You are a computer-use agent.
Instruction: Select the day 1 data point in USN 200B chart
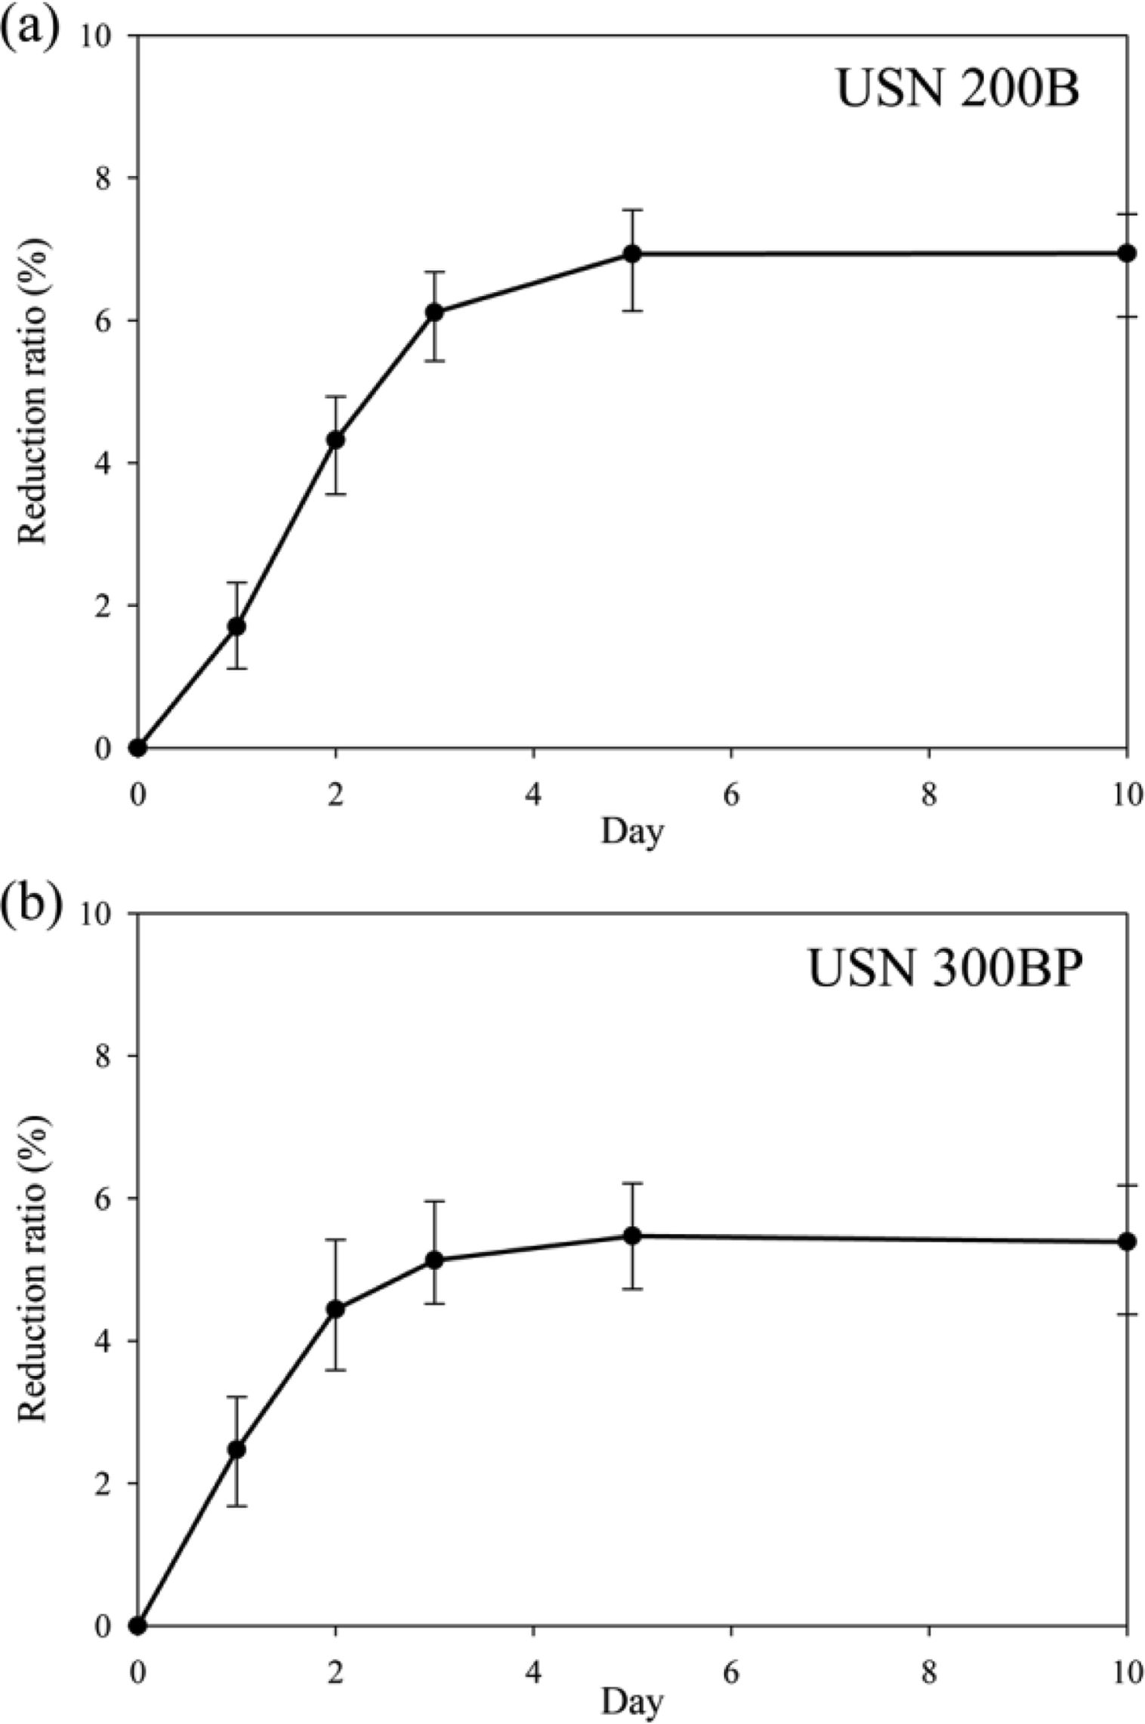[x=236, y=626]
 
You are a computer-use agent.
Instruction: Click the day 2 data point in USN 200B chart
[x=335, y=439]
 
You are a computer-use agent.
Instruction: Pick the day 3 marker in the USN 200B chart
[x=434, y=313]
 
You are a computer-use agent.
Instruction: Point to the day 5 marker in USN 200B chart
[x=632, y=254]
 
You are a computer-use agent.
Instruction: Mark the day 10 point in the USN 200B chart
[x=1127, y=253]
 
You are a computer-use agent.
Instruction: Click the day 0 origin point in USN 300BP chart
[x=137, y=1625]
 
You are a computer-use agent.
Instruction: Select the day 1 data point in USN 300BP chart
[x=236, y=1449]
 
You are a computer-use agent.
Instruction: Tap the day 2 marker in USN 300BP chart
[x=335, y=1309]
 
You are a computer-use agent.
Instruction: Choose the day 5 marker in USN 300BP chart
[x=632, y=1235]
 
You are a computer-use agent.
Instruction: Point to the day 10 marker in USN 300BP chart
[x=1127, y=1241]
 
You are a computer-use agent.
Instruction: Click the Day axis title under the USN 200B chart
[x=632, y=832]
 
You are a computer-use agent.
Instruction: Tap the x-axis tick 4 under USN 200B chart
[x=533, y=795]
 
